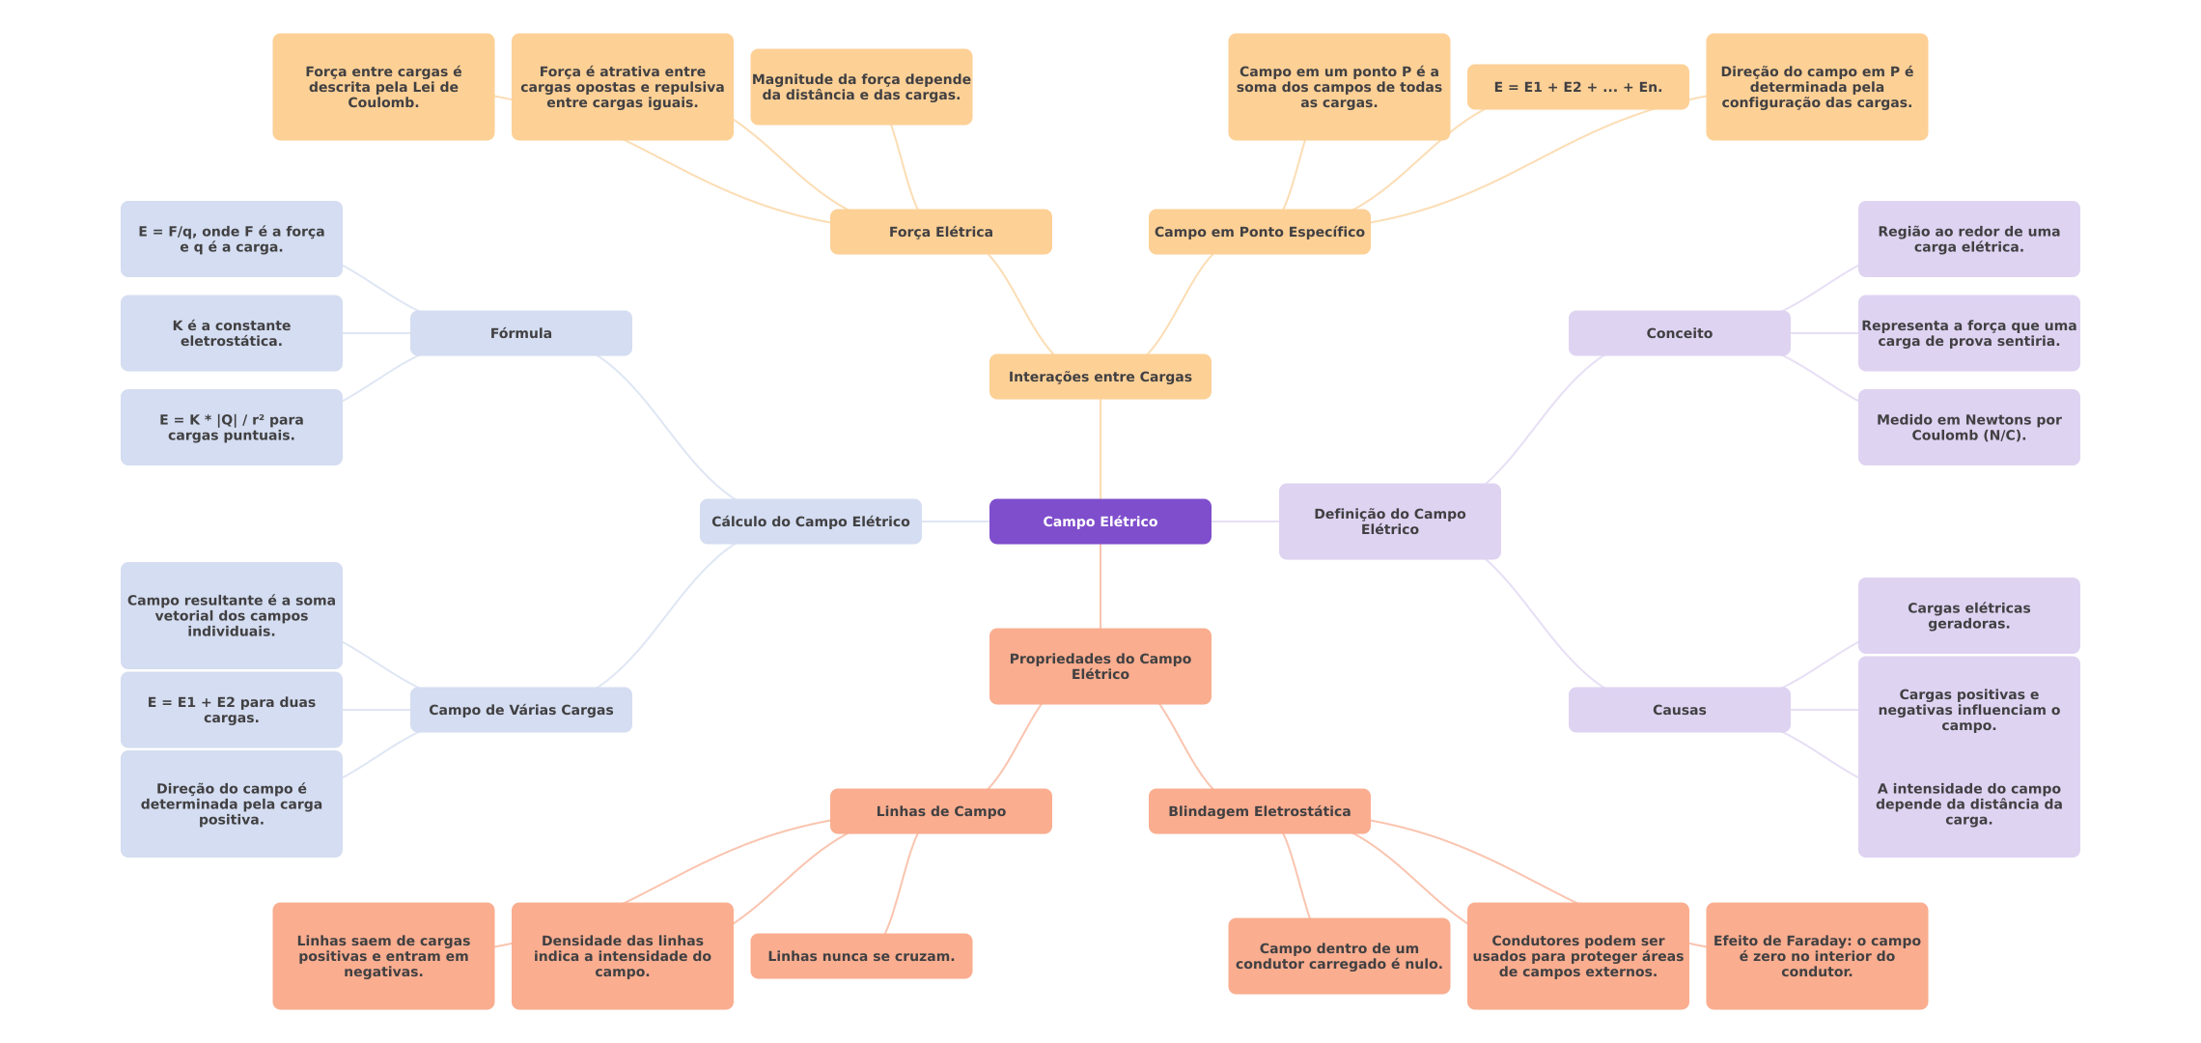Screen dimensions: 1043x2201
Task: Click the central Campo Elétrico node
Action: click(1100, 521)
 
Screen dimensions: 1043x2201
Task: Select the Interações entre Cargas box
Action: click(1100, 377)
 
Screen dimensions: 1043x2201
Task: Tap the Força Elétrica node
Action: click(940, 232)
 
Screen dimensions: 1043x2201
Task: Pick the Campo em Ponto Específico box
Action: click(1259, 232)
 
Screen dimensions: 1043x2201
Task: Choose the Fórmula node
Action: click(520, 333)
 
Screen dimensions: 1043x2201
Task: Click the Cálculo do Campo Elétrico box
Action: click(810, 521)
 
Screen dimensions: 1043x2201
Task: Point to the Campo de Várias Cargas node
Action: click(520, 710)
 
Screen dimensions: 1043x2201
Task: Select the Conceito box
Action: click(1679, 333)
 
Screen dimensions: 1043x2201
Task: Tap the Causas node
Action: click(1679, 710)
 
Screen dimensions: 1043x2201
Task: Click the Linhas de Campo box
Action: click(940, 811)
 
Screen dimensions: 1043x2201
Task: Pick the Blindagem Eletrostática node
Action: click(1259, 811)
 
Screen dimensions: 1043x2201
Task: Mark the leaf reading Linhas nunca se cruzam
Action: click(861, 956)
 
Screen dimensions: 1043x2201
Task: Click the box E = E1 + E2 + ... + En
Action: click(1577, 87)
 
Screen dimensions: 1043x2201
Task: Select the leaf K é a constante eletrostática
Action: click(231, 333)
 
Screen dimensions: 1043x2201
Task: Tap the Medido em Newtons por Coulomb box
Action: click(1968, 427)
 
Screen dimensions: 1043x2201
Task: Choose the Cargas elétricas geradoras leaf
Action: click(1968, 615)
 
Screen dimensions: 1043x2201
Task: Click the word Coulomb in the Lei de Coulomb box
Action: click(382, 102)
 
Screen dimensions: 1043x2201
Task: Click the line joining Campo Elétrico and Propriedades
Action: click(1100, 586)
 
